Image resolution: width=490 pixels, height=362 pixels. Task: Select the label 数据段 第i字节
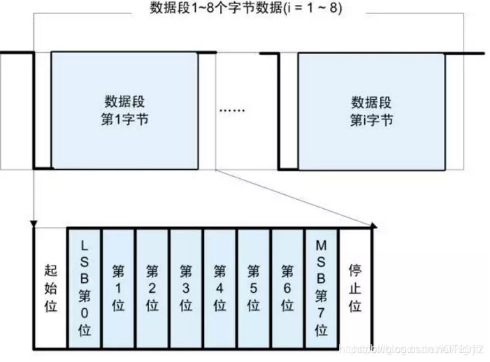coord(371,109)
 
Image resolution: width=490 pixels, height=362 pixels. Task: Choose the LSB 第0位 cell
coord(85,287)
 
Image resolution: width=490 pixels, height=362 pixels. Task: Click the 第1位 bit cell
coord(119,287)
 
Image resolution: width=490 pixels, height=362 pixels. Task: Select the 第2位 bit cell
coord(152,287)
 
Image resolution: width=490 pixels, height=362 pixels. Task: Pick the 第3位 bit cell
coord(186,287)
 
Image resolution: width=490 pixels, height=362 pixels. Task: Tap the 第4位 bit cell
coord(219,287)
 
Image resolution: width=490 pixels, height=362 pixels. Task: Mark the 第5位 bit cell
coord(253,287)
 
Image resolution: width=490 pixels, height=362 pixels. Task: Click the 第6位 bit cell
coord(287,287)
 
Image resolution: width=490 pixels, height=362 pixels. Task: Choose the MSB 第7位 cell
coord(321,287)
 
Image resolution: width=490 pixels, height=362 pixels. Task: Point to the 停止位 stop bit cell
coord(355,287)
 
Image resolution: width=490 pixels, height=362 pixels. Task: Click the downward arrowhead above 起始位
coord(33,223)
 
